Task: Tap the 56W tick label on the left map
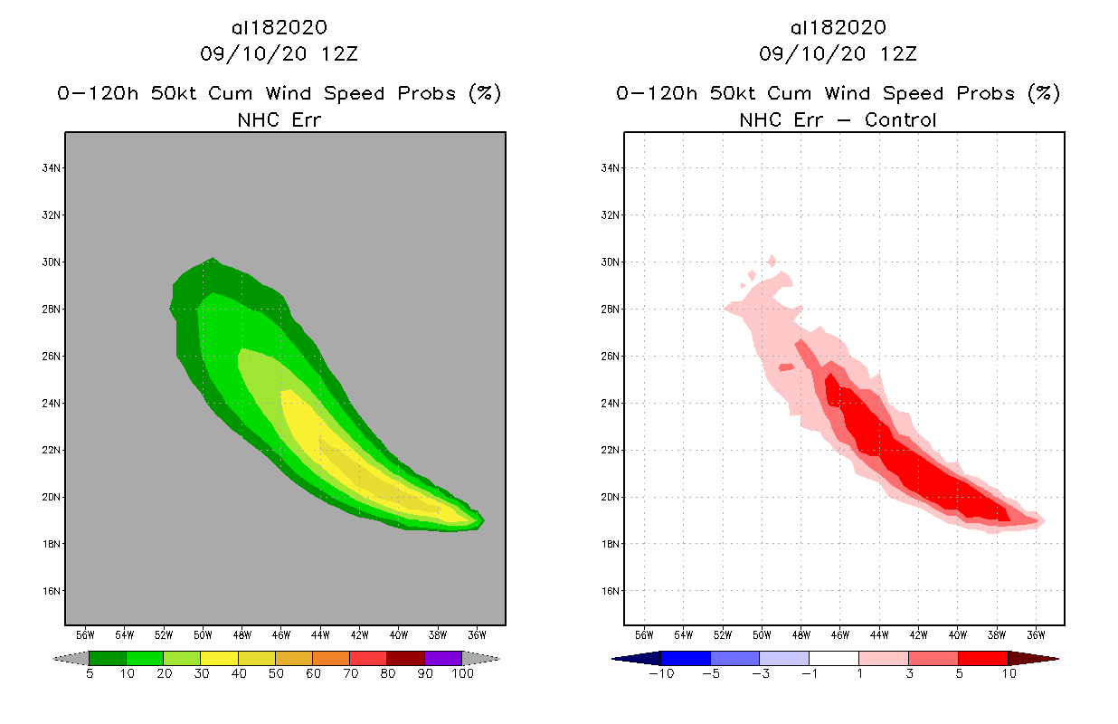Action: (x=85, y=634)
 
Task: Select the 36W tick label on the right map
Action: (x=1037, y=634)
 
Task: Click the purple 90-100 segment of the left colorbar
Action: (x=443, y=659)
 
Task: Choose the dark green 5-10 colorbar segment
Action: (x=108, y=659)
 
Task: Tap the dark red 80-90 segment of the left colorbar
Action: (x=405, y=659)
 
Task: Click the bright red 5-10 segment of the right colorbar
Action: (x=982, y=659)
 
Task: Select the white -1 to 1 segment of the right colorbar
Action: (x=833, y=659)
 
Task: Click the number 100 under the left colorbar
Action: (x=462, y=674)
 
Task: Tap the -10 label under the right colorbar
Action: (x=660, y=674)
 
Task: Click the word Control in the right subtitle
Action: (x=901, y=119)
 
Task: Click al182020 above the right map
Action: (x=838, y=27)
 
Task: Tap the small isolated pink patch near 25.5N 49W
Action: (x=785, y=367)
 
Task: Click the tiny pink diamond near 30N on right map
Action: (x=772, y=261)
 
